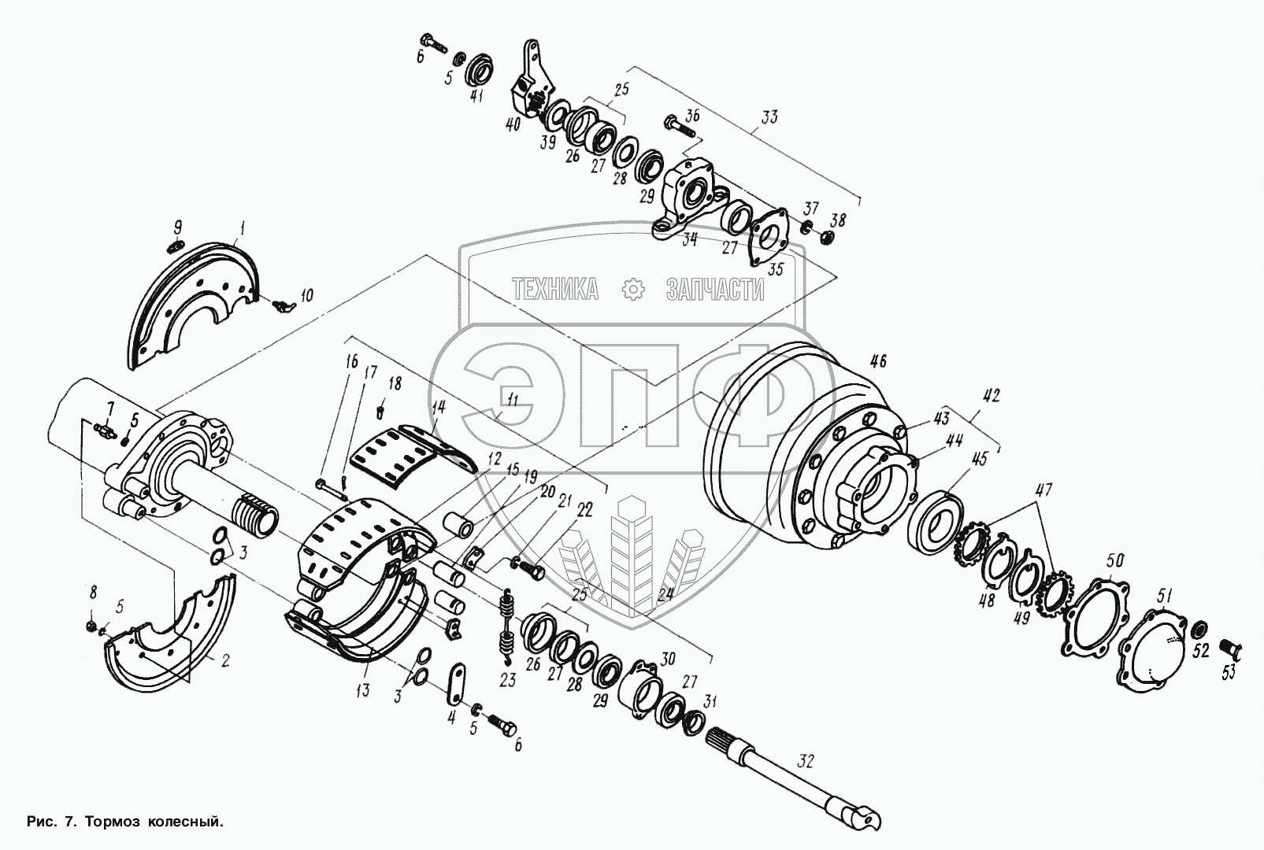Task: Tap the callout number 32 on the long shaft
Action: [x=804, y=761]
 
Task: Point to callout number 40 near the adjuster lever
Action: [x=513, y=125]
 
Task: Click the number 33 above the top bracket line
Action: [x=769, y=117]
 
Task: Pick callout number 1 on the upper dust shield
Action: [x=243, y=229]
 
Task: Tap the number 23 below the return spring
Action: [x=508, y=680]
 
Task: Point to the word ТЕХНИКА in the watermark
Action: [x=555, y=290]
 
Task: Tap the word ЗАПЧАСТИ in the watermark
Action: [x=715, y=290]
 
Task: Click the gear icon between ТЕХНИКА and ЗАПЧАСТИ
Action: [x=633, y=290]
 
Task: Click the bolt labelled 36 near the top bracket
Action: [x=681, y=123]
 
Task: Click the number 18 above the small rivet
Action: [x=394, y=383]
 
